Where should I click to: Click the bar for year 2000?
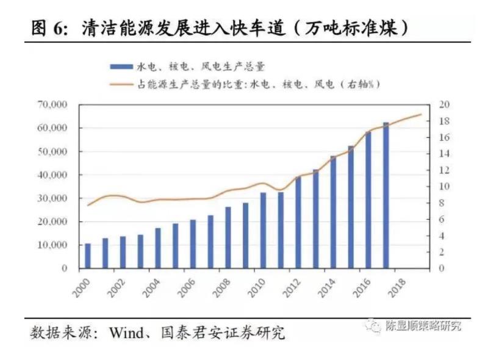(x=88, y=256)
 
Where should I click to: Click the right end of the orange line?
(x=420, y=114)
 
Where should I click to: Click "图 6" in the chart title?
(x=46, y=29)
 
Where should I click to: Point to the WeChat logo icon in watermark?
(x=373, y=325)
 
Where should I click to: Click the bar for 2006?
(x=193, y=243)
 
